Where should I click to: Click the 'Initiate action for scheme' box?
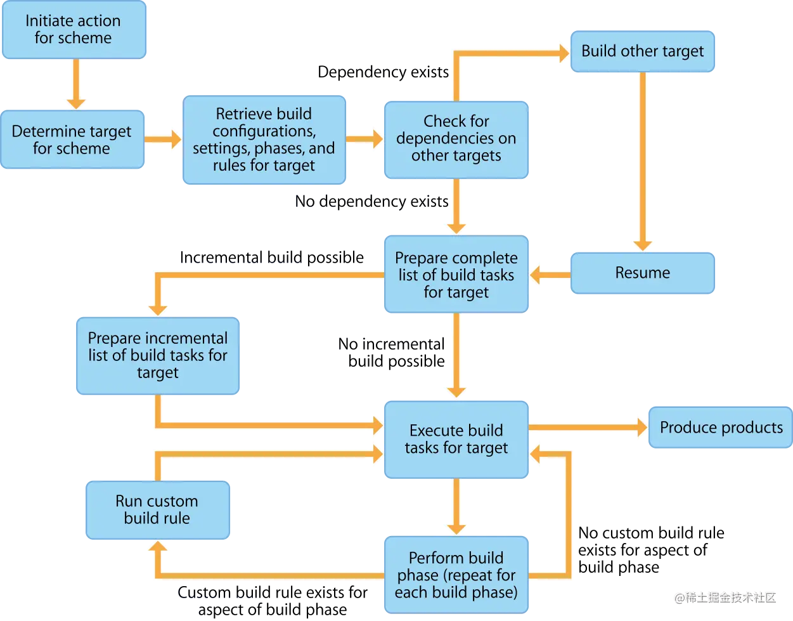(74, 30)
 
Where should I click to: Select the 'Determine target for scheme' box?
(72, 140)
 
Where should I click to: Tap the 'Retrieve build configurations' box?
(264, 140)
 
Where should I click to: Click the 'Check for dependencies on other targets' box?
(456, 139)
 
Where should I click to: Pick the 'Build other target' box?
(642, 51)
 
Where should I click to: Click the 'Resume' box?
(642, 273)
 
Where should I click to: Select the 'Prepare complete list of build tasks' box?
(456, 275)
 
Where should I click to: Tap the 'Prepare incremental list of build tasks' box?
(157, 356)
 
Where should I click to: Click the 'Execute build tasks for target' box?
(456, 439)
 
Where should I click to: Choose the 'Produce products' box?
(721, 428)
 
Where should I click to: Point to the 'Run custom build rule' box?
(157, 510)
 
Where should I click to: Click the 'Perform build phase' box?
(456, 575)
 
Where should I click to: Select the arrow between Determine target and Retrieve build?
(163, 140)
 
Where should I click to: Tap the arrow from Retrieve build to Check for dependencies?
(365, 139)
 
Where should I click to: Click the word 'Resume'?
(642, 273)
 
